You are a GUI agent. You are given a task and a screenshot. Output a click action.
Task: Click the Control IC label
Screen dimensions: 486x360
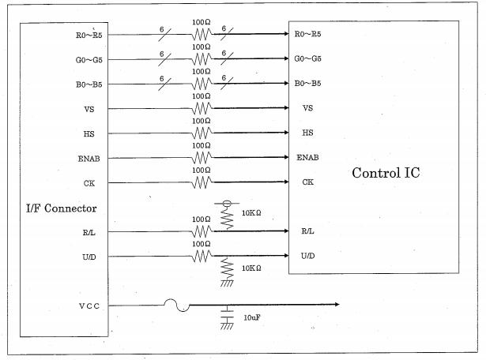385,172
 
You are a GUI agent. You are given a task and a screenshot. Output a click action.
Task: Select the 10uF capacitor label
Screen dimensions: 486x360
252,317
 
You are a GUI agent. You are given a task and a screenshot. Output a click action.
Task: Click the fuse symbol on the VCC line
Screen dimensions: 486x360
175,305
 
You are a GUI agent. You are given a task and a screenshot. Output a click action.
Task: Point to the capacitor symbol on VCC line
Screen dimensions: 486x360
227,313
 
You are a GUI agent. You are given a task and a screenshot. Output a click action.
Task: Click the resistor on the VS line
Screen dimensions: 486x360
202,107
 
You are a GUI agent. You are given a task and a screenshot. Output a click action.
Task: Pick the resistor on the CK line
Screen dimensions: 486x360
202,182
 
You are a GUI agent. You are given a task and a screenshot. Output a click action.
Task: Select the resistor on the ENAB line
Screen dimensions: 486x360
202,157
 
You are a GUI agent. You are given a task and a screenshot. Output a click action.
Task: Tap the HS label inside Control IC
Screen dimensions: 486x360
308,132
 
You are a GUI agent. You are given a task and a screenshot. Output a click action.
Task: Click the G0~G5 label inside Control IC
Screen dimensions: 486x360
307,58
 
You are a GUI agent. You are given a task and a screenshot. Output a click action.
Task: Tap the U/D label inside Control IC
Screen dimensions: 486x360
308,256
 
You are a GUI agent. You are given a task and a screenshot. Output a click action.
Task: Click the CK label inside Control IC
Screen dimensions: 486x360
307,182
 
